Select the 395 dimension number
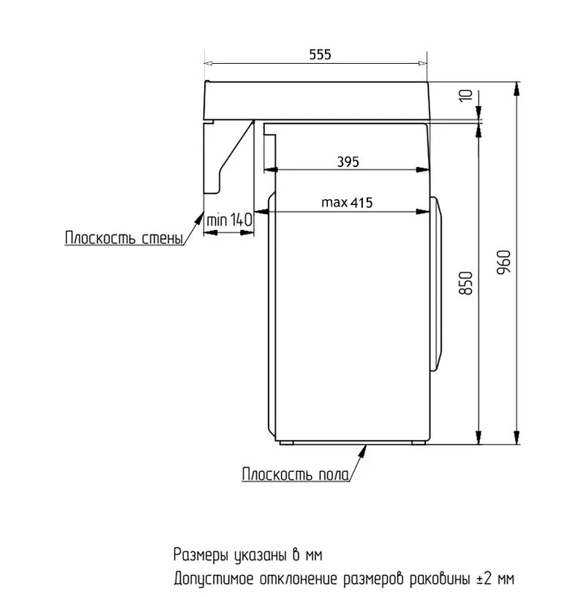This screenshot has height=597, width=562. tap(348, 163)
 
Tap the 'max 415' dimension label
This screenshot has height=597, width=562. tap(347, 203)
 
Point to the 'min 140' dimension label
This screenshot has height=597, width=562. tap(229, 219)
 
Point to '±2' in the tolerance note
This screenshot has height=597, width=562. tap(484, 579)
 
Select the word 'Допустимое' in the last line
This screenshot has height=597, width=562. tap(213, 579)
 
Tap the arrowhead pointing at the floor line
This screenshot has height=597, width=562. tap(362, 448)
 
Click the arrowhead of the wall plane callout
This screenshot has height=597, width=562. tap(204, 215)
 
